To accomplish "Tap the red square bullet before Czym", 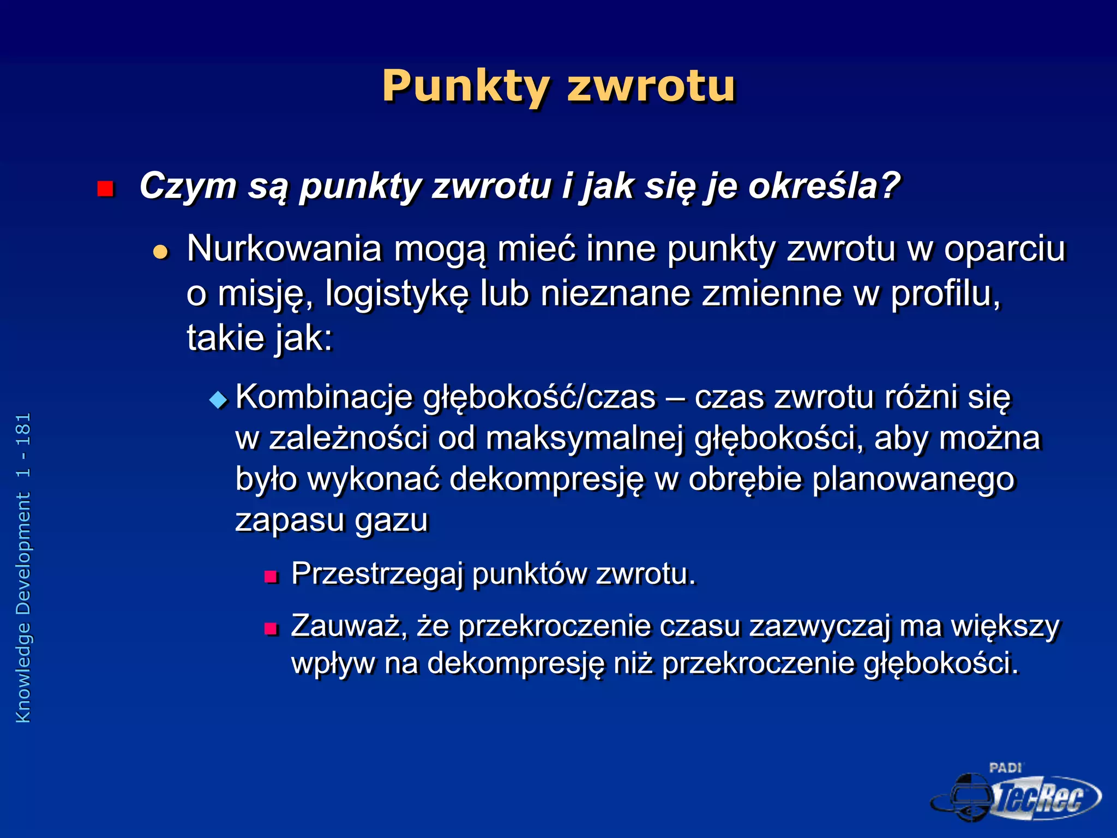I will point(105,189).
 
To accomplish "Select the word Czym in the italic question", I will point(187,187).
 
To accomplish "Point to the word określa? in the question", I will point(824,187).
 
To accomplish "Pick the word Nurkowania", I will point(284,249).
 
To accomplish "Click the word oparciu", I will point(1004,249).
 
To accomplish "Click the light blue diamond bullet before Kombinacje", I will point(218,400).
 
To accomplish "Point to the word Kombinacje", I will point(324,397).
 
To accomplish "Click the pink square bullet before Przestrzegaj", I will point(271,577).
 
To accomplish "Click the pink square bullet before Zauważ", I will point(271,629).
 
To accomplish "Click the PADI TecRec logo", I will point(1016,793).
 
